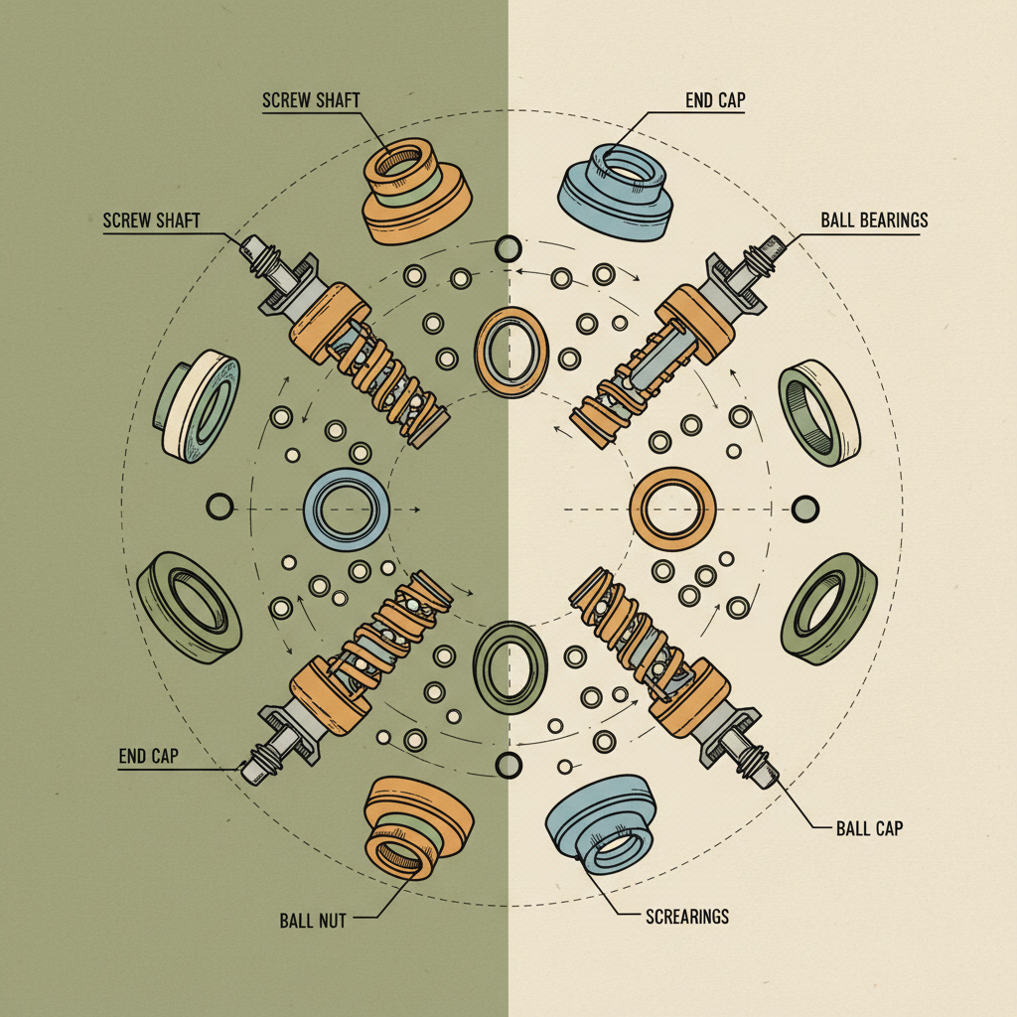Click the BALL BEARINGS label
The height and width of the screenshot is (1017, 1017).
coord(874,219)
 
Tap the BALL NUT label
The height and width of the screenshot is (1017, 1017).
coord(313,921)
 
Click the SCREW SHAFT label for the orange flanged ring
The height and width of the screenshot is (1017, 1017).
coord(310,100)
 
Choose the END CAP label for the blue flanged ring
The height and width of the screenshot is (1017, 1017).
coord(714,100)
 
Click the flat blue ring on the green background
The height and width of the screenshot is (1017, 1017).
coord(345,508)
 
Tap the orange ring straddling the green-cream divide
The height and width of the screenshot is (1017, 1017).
coord(511,354)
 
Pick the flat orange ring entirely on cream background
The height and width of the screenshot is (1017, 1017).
coord(673,509)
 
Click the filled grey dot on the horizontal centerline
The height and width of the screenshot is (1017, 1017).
coord(805,508)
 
